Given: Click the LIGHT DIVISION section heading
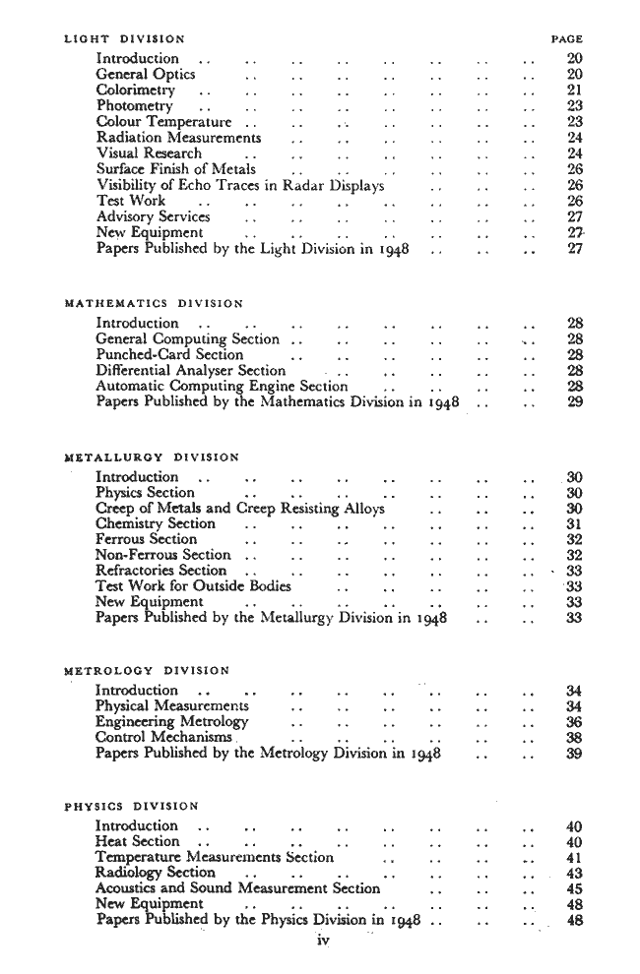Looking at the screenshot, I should (123, 39).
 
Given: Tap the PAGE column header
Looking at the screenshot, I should (567, 39).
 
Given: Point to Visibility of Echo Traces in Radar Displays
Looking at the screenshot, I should (240, 185).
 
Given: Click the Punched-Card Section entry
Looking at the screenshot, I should (169, 354).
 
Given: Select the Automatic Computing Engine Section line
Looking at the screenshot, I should (222, 387).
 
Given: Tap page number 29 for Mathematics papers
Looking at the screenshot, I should (576, 402).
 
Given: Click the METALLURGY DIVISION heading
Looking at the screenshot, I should (150, 457).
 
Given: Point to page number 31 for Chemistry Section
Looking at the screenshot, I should (576, 524).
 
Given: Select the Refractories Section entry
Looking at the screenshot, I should (161, 571).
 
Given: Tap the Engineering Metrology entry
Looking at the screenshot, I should (172, 722).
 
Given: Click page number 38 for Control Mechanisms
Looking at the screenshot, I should (576, 738).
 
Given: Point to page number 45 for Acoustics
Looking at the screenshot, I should (576, 888).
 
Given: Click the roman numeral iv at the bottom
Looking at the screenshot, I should (321, 942).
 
